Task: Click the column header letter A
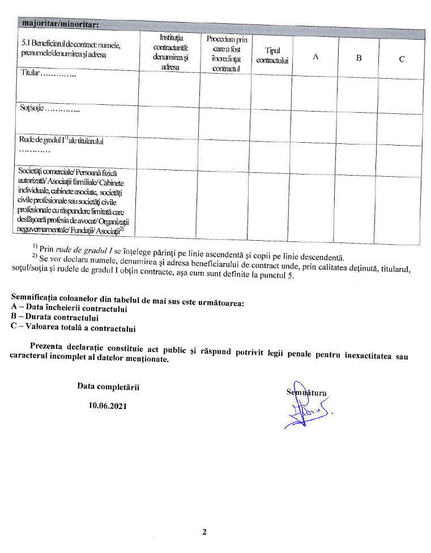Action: coord(315,57)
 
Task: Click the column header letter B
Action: coord(359,58)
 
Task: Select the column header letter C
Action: coord(402,58)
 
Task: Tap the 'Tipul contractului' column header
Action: coord(272,56)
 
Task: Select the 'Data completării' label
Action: coord(108,386)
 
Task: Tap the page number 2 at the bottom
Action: coord(204,531)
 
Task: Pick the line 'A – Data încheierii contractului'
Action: coord(69,309)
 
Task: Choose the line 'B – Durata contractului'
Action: coord(54,318)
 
